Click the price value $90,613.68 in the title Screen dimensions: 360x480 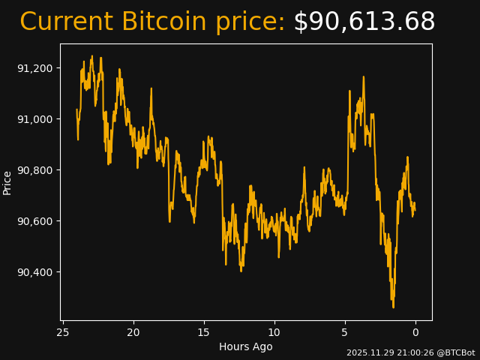(364, 22)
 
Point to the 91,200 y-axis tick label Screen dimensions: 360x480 (35, 68)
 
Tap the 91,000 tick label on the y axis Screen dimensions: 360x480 (35, 119)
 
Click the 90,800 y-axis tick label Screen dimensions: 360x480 (35, 170)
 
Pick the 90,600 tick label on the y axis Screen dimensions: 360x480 (35, 221)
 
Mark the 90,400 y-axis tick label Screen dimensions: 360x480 (35, 272)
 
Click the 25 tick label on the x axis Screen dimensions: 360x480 (63, 332)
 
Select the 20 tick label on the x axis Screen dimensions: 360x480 (133, 332)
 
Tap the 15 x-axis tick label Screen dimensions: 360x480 (204, 332)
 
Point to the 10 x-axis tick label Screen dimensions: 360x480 (274, 332)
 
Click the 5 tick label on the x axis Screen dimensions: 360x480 (345, 332)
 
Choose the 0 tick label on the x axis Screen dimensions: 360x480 (415, 332)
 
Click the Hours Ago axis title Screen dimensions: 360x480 (246, 346)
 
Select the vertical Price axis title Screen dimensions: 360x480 (7, 182)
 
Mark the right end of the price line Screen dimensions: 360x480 (415, 210)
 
